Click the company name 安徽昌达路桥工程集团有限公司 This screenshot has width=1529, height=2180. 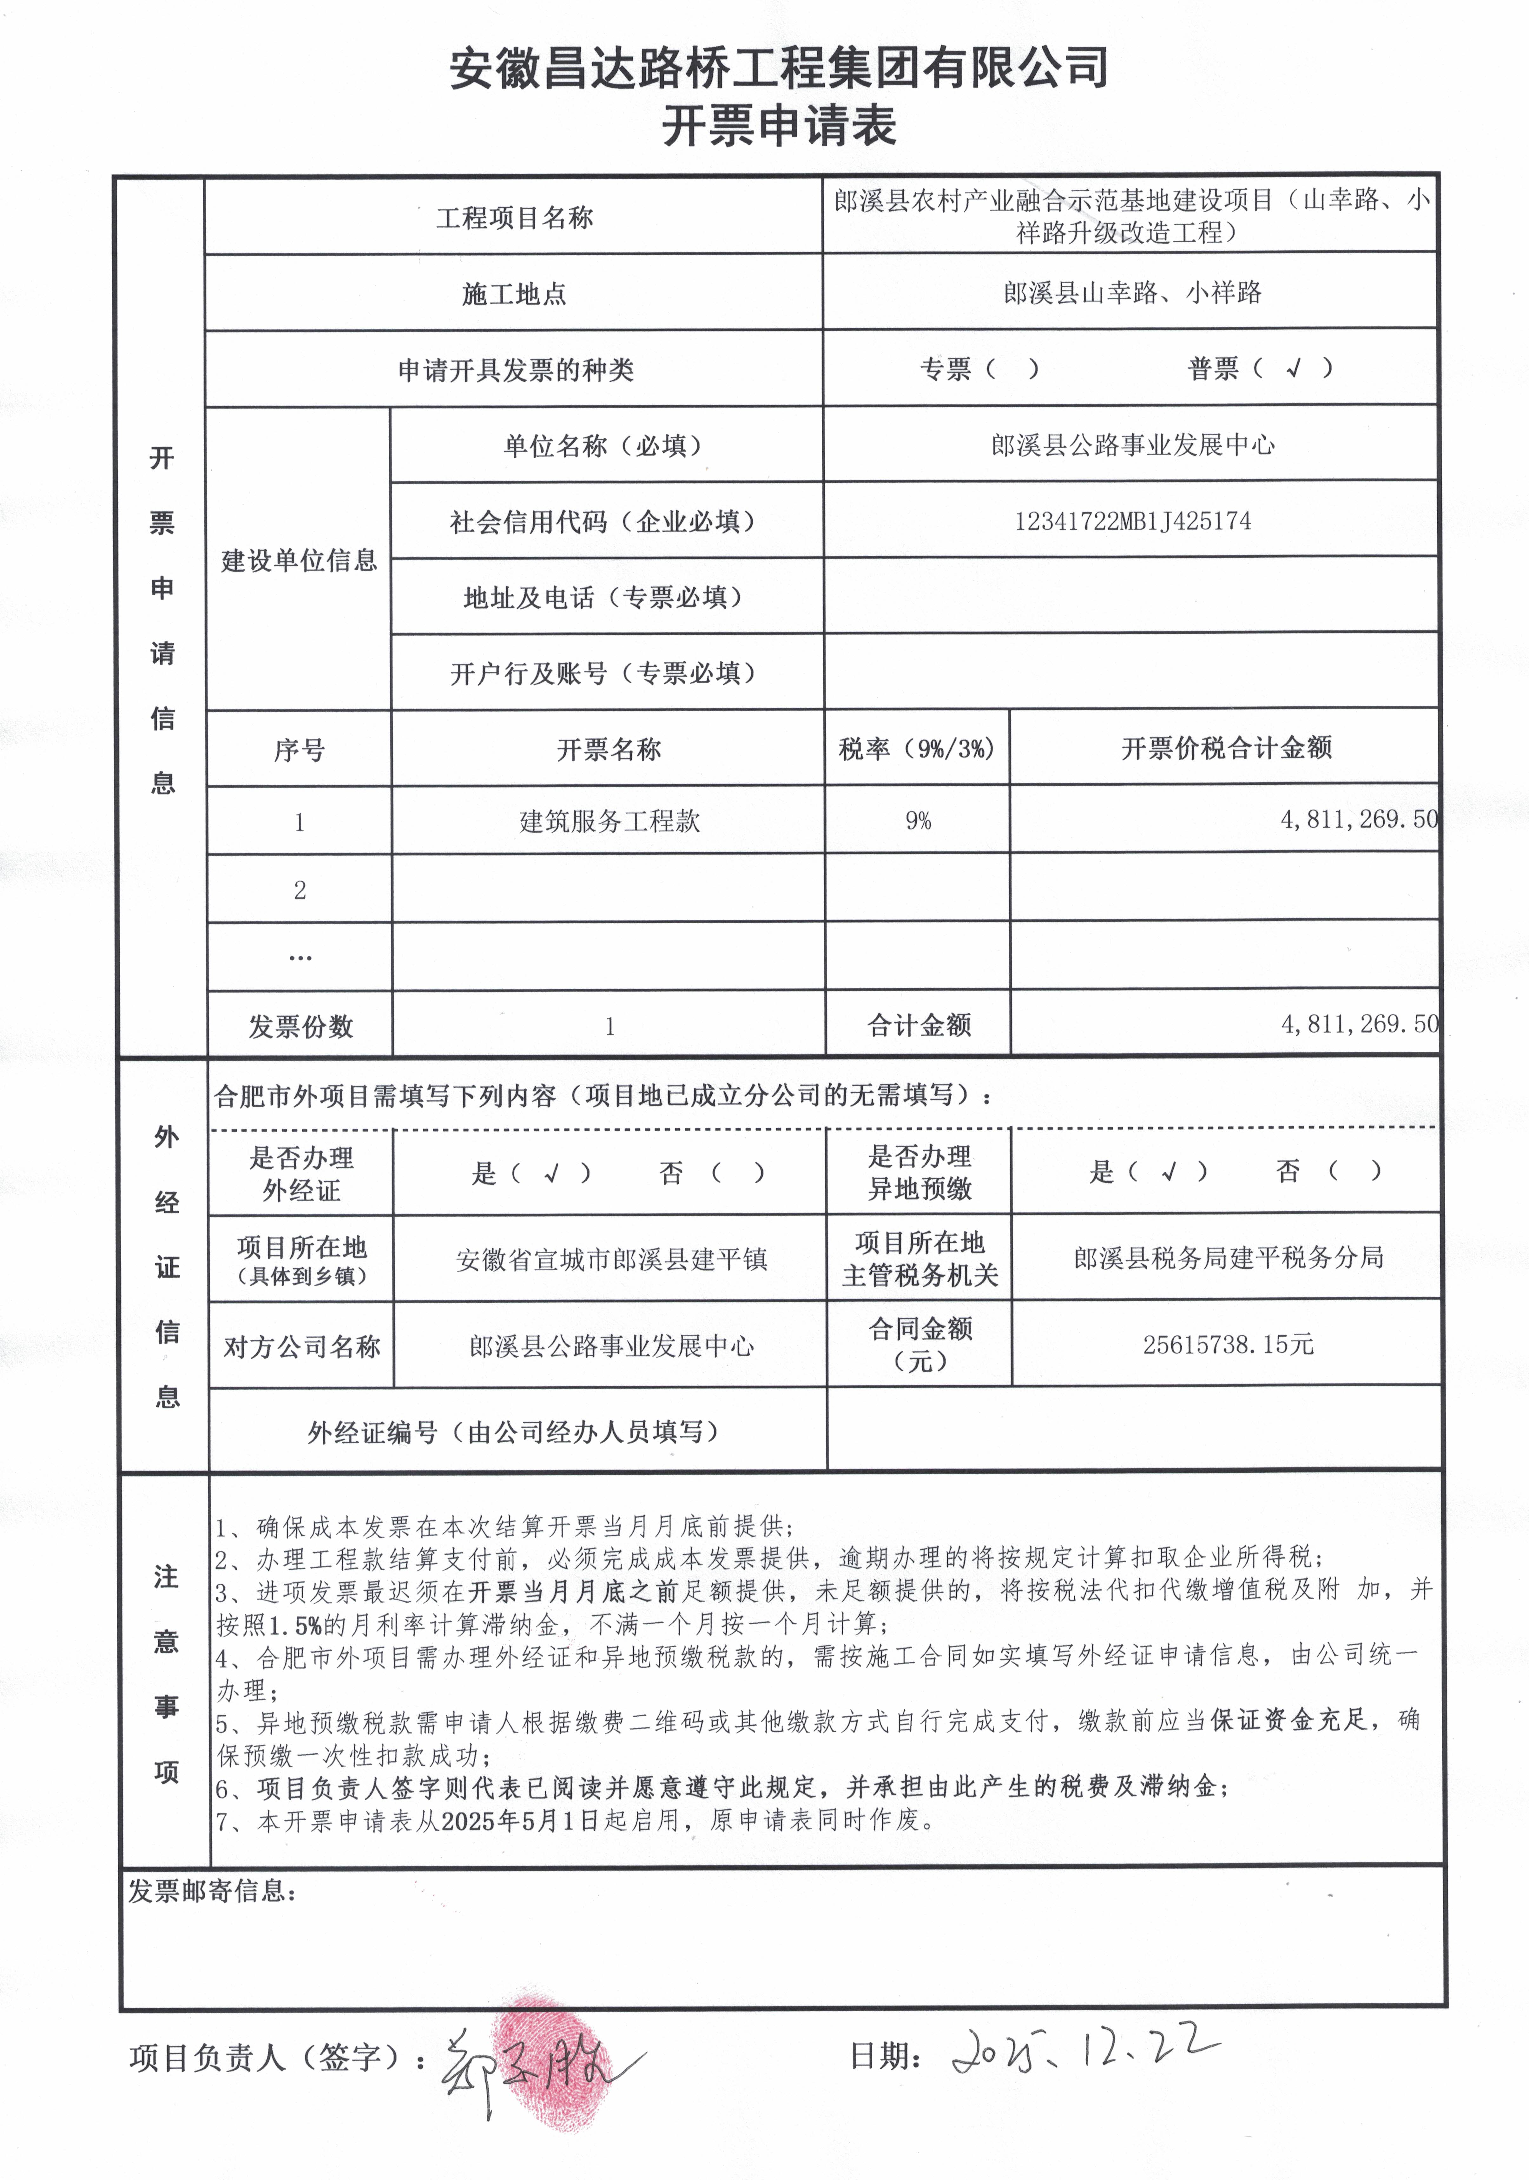click(779, 69)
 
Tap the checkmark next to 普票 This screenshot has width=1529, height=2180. click(1293, 368)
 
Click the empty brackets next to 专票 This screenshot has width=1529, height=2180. click(1012, 368)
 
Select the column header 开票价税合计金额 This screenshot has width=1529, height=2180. click(1226, 748)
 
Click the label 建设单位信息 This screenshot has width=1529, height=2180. click(299, 560)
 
